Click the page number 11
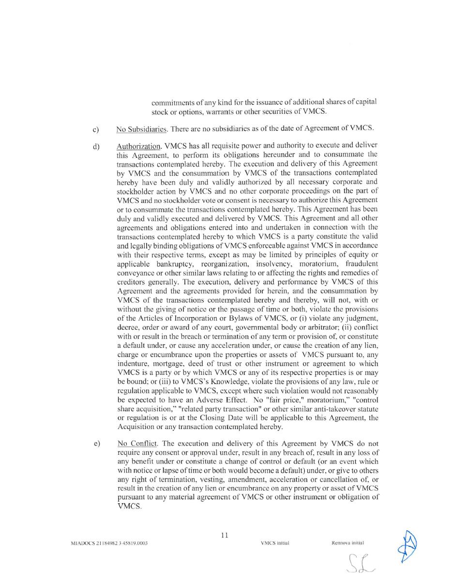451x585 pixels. click(x=225, y=535)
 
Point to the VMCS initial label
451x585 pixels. click(x=274, y=543)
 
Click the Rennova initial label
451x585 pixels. click(x=347, y=543)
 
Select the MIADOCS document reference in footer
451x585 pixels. click(x=109, y=543)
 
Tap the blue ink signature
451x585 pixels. click(x=407, y=546)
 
